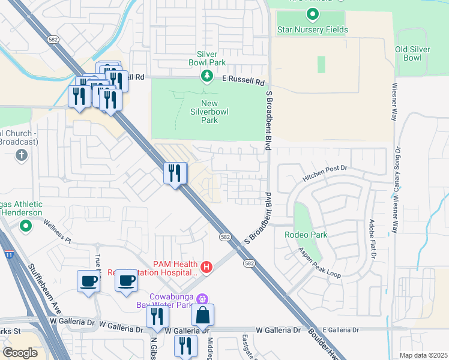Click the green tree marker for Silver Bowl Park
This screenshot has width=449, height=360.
206,76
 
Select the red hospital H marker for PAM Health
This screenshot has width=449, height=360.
206,267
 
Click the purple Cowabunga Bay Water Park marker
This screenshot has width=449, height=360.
202,298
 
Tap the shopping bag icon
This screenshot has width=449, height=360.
202,314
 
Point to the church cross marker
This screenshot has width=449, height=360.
21,156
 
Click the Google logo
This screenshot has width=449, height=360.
20,353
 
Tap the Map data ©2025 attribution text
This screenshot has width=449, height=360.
423,355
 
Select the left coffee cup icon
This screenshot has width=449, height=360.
88,281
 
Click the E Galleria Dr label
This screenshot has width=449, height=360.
340,330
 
